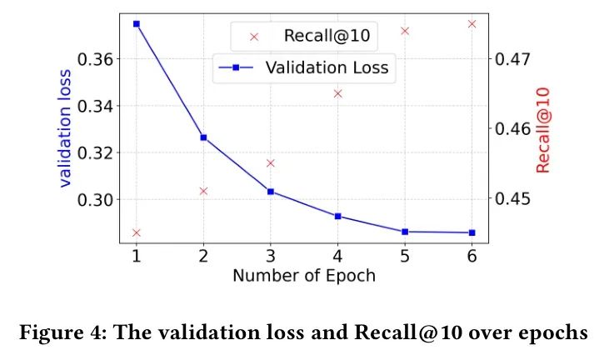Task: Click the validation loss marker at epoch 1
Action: (x=136, y=24)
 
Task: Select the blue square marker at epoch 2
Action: (x=203, y=137)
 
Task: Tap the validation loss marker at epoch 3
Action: (x=270, y=192)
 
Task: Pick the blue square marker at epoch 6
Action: (x=472, y=232)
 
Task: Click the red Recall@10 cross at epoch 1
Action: (x=136, y=232)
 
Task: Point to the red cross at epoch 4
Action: (x=337, y=93)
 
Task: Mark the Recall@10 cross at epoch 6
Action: (x=472, y=24)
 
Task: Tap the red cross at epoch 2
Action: (x=203, y=191)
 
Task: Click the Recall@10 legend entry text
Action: (x=327, y=36)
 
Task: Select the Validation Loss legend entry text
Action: (x=327, y=68)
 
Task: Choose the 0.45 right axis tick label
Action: (x=513, y=199)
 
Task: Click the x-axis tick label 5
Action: (x=404, y=257)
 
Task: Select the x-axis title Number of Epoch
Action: (x=303, y=276)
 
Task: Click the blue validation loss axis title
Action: (x=66, y=130)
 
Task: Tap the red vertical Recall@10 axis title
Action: (x=544, y=130)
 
